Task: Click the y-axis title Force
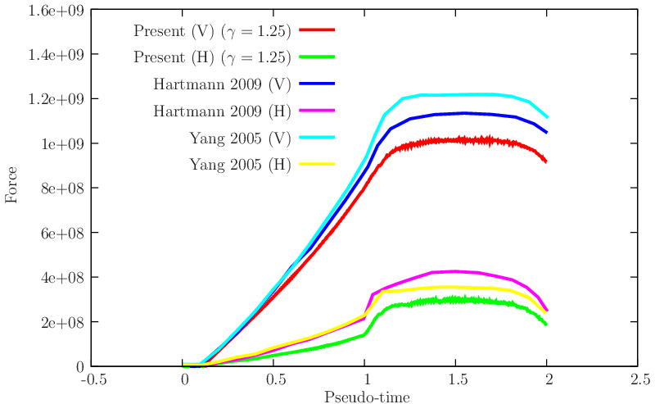[x=12, y=188]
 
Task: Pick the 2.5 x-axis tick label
[x=639, y=380]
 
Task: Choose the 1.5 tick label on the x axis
[x=456, y=380]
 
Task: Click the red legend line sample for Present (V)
[x=318, y=30]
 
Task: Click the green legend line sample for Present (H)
[x=318, y=57]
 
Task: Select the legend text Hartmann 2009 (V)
[x=221, y=84]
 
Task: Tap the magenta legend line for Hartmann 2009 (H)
[x=318, y=110]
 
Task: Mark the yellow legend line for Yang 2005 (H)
[x=318, y=164]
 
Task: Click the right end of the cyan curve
[x=547, y=117]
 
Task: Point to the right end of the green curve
[x=547, y=325]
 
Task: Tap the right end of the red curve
[x=547, y=161]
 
